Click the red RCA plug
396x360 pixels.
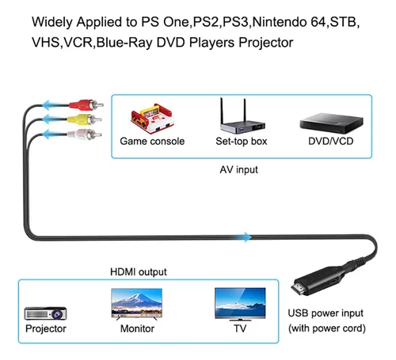pos(86,105)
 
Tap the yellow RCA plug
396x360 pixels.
pos(85,119)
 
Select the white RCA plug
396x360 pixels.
pos(85,135)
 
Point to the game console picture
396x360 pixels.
pos(152,119)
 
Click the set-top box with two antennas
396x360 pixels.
pos(242,116)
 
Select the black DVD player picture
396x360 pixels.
pos(331,123)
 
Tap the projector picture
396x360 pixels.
pos(45,313)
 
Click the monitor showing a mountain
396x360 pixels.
pos(137,304)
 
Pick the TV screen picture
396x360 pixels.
pos(240,304)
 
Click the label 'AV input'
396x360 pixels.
pos(238,169)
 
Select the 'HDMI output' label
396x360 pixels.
pos(139,272)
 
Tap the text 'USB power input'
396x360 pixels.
pos(326,313)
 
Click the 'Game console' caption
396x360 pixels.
pos(152,141)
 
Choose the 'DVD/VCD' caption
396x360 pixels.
pos(331,141)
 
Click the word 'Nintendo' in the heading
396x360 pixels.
pos(280,22)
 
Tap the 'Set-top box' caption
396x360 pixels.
pos(242,142)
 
